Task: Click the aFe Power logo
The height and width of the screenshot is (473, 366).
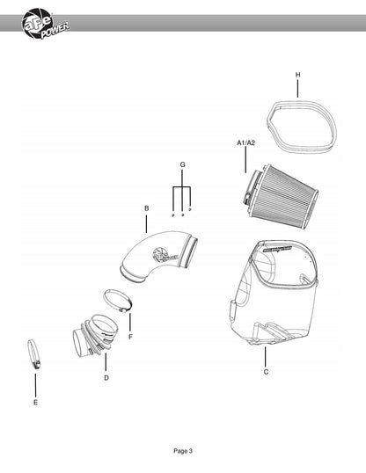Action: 45,24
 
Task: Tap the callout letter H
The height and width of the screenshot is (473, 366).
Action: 297,75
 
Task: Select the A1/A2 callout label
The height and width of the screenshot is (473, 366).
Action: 245,142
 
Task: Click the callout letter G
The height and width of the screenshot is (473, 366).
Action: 182,164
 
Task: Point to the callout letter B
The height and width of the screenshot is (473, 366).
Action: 147,208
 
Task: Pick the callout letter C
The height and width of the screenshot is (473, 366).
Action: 266,372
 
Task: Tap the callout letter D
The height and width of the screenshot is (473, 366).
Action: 106,378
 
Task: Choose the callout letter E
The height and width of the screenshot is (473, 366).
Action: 36,403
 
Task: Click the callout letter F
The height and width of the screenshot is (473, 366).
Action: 130,337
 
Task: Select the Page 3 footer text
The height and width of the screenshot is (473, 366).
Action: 183,451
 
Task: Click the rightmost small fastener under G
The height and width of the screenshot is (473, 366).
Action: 190,209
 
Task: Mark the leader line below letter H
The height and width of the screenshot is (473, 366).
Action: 297,89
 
